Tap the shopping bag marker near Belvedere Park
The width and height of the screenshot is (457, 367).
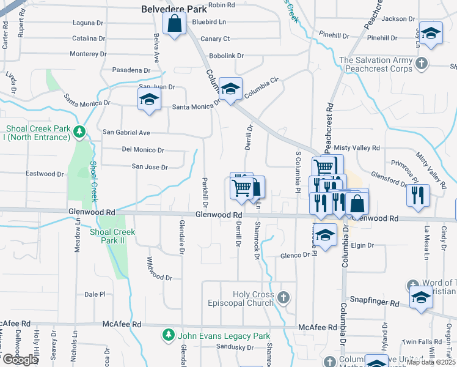pyautogui.click(x=174, y=24)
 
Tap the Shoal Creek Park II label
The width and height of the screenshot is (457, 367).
pyautogui.click(x=112, y=236)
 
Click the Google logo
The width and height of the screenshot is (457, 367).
pyautogui.click(x=20, y=360)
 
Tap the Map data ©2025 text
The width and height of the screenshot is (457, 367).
pyautogui.click(x=431, y=362)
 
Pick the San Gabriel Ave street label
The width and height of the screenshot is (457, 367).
pyautogui.click(x=126, y=132)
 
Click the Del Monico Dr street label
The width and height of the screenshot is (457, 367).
pyautogui.click(x=143, y=150)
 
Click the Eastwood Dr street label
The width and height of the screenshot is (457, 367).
pyautogui.click(x=45, y=174)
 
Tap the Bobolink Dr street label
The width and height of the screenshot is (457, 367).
pyautogui.click(x=226, y=56)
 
